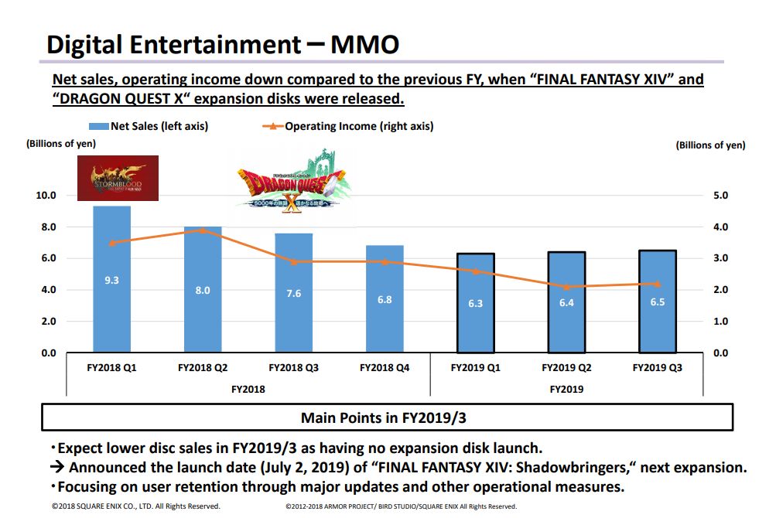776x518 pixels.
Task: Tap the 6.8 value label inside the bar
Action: (x=385, y=299)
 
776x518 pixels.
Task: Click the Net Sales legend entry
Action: (x=149, y=126)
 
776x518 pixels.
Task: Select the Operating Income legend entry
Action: (x=348, y=126)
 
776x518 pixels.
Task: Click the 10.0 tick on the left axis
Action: (x=46, y=196)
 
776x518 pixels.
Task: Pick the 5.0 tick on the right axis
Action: (x=720, y=196)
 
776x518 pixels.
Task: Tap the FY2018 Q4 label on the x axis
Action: (x=385, y=368)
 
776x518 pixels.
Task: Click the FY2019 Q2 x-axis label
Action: (x=566, y=368)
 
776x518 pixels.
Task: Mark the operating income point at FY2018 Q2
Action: (x=203, y=230)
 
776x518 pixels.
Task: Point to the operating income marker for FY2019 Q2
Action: (x=566, y=287)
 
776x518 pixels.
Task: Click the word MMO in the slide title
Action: (x=364, y=44)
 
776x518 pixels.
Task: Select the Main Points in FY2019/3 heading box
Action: (x=387, y=418)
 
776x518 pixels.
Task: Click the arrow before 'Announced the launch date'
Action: (x=57, y=468)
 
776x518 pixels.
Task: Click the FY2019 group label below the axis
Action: (x=566, y=389)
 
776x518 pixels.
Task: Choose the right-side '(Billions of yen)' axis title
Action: (x=710, y=145)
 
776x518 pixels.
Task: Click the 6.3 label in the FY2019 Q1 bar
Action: (x=475, y=304)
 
